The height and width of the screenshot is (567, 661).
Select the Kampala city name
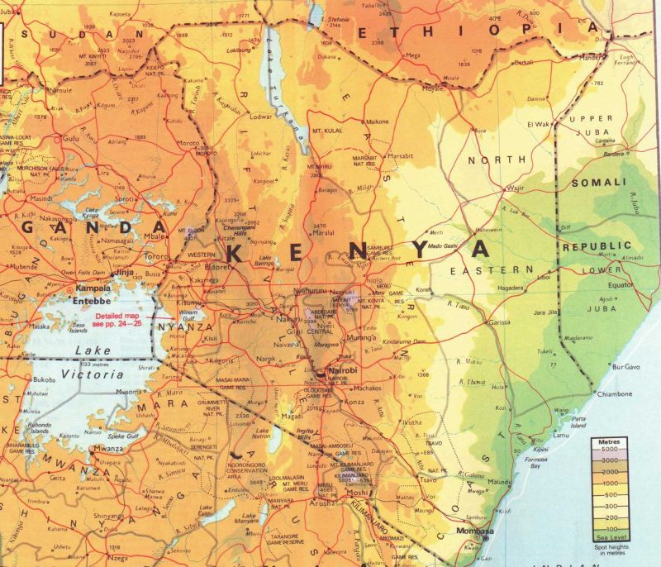pos(93,289)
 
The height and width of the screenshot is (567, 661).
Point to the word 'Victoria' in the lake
pos(89,367)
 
